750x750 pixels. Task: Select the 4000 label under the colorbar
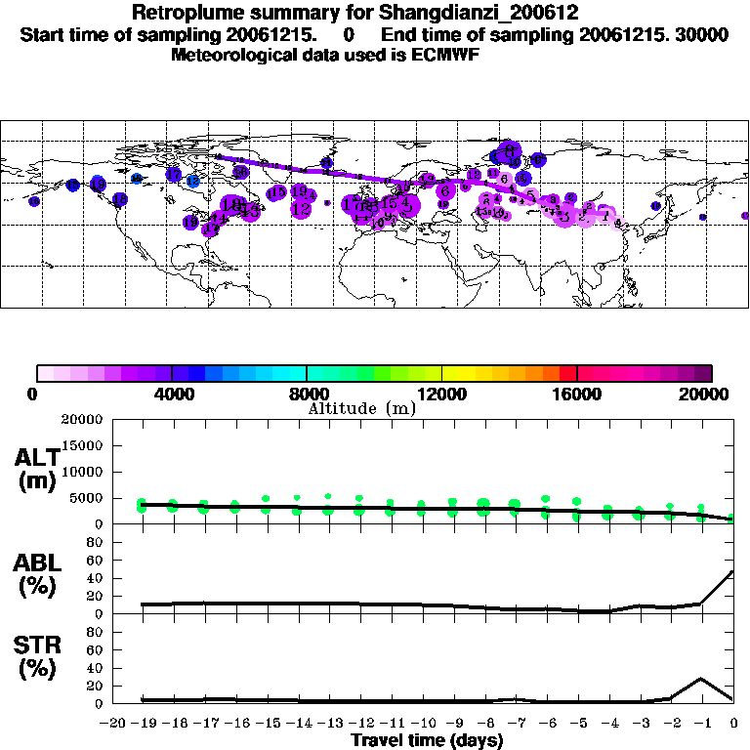point(172,394)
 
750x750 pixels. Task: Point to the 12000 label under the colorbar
point(442,394)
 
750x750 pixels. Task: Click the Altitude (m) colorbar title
point(361,408)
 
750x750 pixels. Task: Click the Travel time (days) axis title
point(426,740)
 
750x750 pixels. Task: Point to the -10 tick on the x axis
point(423,723)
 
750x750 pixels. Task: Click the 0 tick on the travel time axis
point(734,723)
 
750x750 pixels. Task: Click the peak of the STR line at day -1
point(701,678)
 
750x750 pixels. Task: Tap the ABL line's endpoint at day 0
point(733,571)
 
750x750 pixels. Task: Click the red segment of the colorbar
point(567,373)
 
